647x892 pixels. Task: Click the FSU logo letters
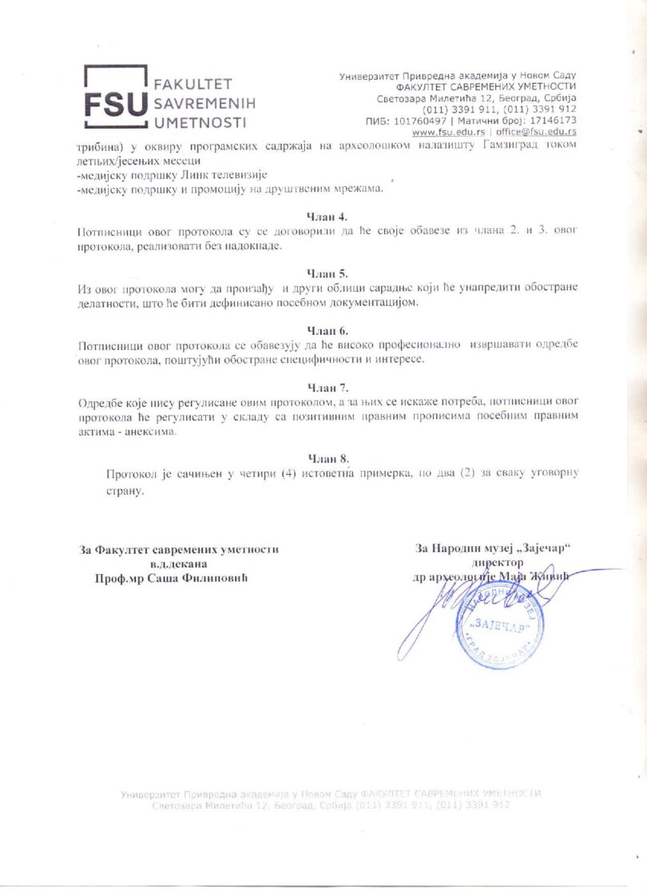click(x=117, y=104)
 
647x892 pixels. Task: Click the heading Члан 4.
click(x=327, y=216)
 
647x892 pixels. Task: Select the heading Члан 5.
click(x=327, y=273)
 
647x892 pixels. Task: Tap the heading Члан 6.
click(x=327, y=330)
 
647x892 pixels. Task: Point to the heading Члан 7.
click(x=327, y=388)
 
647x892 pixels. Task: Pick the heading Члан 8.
click(x=328, y=458)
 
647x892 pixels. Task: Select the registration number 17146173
click(x=551, y=121)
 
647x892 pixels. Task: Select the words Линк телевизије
click(x=224, y=175)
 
